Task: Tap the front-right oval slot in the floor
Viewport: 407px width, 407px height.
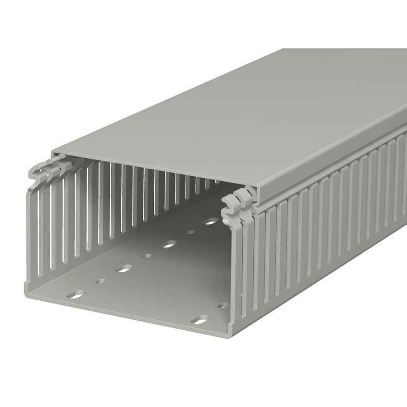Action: coord(198,321)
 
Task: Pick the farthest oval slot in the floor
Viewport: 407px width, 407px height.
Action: coord(211,222)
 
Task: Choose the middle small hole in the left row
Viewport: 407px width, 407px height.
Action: coord(147,256)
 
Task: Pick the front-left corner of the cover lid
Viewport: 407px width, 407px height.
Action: coord(54,151)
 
